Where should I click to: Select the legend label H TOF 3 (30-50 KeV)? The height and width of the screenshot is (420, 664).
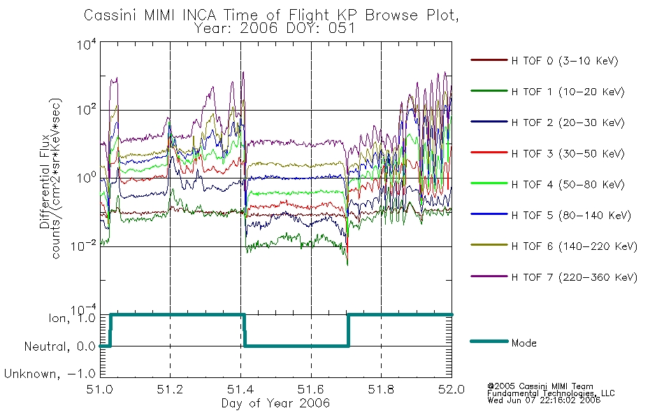point(568,153)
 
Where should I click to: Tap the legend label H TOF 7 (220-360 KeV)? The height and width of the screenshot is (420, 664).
point(575,277)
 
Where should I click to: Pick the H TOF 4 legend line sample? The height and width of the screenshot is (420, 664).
point(489,183)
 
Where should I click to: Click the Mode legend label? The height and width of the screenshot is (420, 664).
point(524,343)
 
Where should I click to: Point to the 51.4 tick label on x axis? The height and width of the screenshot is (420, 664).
point(240,389)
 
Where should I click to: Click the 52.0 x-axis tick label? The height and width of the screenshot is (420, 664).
point(452,389)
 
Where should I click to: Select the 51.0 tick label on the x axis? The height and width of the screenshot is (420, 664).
point(99,389)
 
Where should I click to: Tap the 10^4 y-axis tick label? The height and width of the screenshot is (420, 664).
point(87,45)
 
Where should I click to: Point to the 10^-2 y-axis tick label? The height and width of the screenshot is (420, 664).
point(84,246)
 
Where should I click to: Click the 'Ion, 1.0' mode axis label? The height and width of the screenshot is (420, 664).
point(72,318)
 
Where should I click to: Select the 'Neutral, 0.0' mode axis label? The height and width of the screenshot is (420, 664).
point(60,346)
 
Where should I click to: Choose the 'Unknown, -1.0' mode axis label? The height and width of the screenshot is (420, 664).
point(50,374)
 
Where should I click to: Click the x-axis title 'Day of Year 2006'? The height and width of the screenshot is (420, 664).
point(275,402)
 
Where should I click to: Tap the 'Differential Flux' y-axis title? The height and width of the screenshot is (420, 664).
point(45,182)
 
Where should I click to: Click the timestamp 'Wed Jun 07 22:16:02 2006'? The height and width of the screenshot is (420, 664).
point(544,400)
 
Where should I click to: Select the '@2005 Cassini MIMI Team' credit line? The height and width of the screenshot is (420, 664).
point(540,386)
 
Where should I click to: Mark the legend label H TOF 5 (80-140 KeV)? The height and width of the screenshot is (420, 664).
point(571,216)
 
